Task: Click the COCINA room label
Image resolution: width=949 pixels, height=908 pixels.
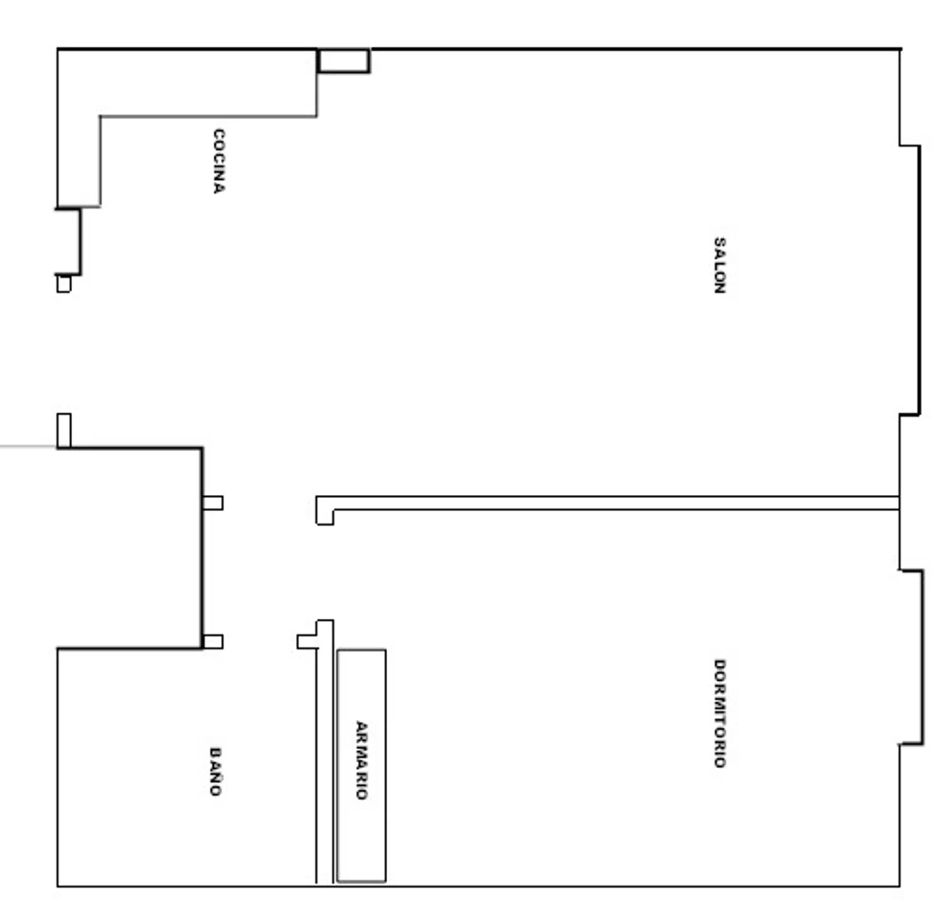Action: click(218, 161)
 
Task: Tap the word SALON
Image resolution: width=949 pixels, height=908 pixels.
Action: click(719, 265)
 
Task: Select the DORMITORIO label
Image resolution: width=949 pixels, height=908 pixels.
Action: click(719, 713)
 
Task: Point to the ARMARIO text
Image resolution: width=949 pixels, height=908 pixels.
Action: click(361, 760)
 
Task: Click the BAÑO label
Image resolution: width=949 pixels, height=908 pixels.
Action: click(216, 771)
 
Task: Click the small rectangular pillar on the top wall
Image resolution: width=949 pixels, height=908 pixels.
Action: click(344, 61)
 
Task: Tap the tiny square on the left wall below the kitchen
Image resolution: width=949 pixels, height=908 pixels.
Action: click(64, 283)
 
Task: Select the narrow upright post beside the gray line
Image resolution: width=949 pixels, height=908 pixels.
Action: click(64, 431)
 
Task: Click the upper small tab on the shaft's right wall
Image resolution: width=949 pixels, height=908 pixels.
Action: click(213, 503)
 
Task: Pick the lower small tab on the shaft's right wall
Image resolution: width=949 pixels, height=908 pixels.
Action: click(213, 642)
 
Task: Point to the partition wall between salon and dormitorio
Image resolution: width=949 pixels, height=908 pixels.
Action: click(607, 503)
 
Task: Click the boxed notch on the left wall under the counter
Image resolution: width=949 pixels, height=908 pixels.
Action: click(68, 242)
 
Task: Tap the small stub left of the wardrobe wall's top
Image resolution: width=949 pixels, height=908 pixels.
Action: click(307, 642)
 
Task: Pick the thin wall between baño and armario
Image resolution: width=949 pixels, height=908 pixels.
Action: click(325, 752)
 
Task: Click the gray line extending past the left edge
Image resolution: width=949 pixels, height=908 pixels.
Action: click(28, 447)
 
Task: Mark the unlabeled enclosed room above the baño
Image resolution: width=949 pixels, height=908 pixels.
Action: click(130, 548)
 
